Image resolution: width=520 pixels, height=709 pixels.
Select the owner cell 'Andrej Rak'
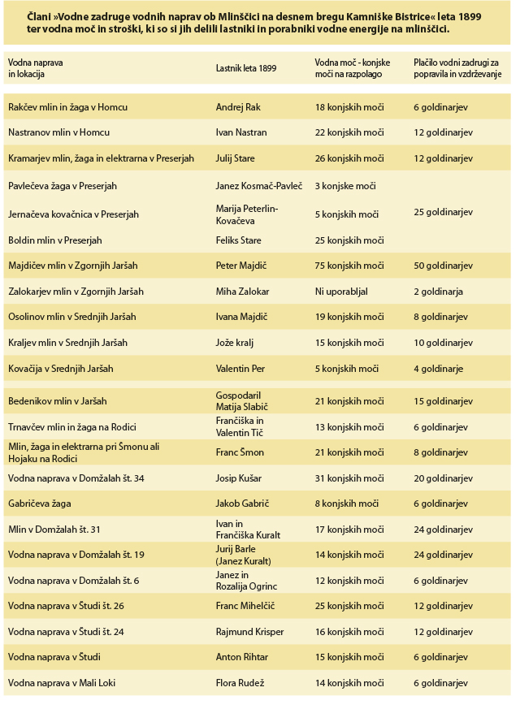[240, 107]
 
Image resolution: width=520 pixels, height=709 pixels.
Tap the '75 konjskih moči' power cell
[349, 266]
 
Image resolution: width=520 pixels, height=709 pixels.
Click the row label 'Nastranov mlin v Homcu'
[58, 132]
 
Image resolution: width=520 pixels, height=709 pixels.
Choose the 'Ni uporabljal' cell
[341, 291]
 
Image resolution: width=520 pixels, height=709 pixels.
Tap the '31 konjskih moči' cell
[349, 478]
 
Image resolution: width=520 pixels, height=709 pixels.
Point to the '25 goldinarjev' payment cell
[444, 212]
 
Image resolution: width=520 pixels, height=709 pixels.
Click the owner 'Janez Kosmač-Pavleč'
[259, 186]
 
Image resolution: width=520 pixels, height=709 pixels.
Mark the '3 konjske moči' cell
[345, 186]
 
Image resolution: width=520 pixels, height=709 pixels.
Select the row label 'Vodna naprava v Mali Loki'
[62, 682]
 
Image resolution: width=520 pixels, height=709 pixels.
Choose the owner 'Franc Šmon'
[240, 452]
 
